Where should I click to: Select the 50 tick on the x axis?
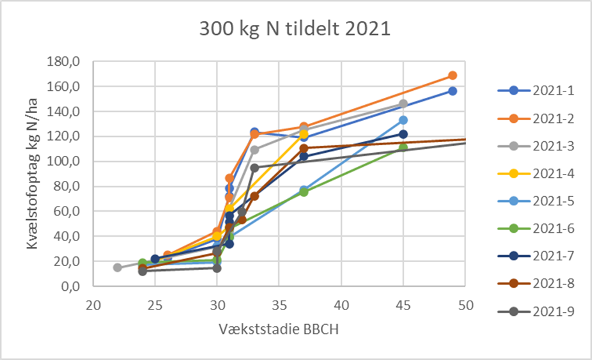coord(465,305)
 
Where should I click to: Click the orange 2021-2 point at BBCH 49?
coord(453,75)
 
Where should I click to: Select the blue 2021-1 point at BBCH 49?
coord(453,91)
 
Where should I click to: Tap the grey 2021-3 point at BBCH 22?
coord(118,267)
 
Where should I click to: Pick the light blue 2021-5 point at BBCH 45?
coord(403,120)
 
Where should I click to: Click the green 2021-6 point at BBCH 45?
coord(403,148)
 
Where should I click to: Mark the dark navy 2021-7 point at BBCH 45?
coord(403,134)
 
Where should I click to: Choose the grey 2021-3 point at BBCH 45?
coord(403,104)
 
